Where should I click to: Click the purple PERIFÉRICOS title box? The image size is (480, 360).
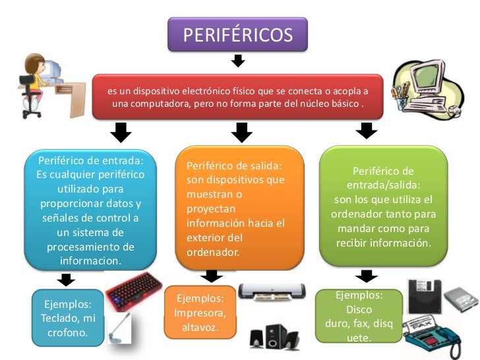(237, 34)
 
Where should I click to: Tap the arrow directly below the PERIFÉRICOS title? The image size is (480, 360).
(238, 61)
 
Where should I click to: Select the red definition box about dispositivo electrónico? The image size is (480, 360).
(237, 97)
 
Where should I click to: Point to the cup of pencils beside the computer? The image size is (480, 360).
(402, 93)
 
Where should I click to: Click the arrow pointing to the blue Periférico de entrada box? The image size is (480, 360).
(119, 132)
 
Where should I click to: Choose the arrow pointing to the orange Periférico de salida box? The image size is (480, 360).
(242, 133)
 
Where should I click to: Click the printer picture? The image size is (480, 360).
(272, 290)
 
